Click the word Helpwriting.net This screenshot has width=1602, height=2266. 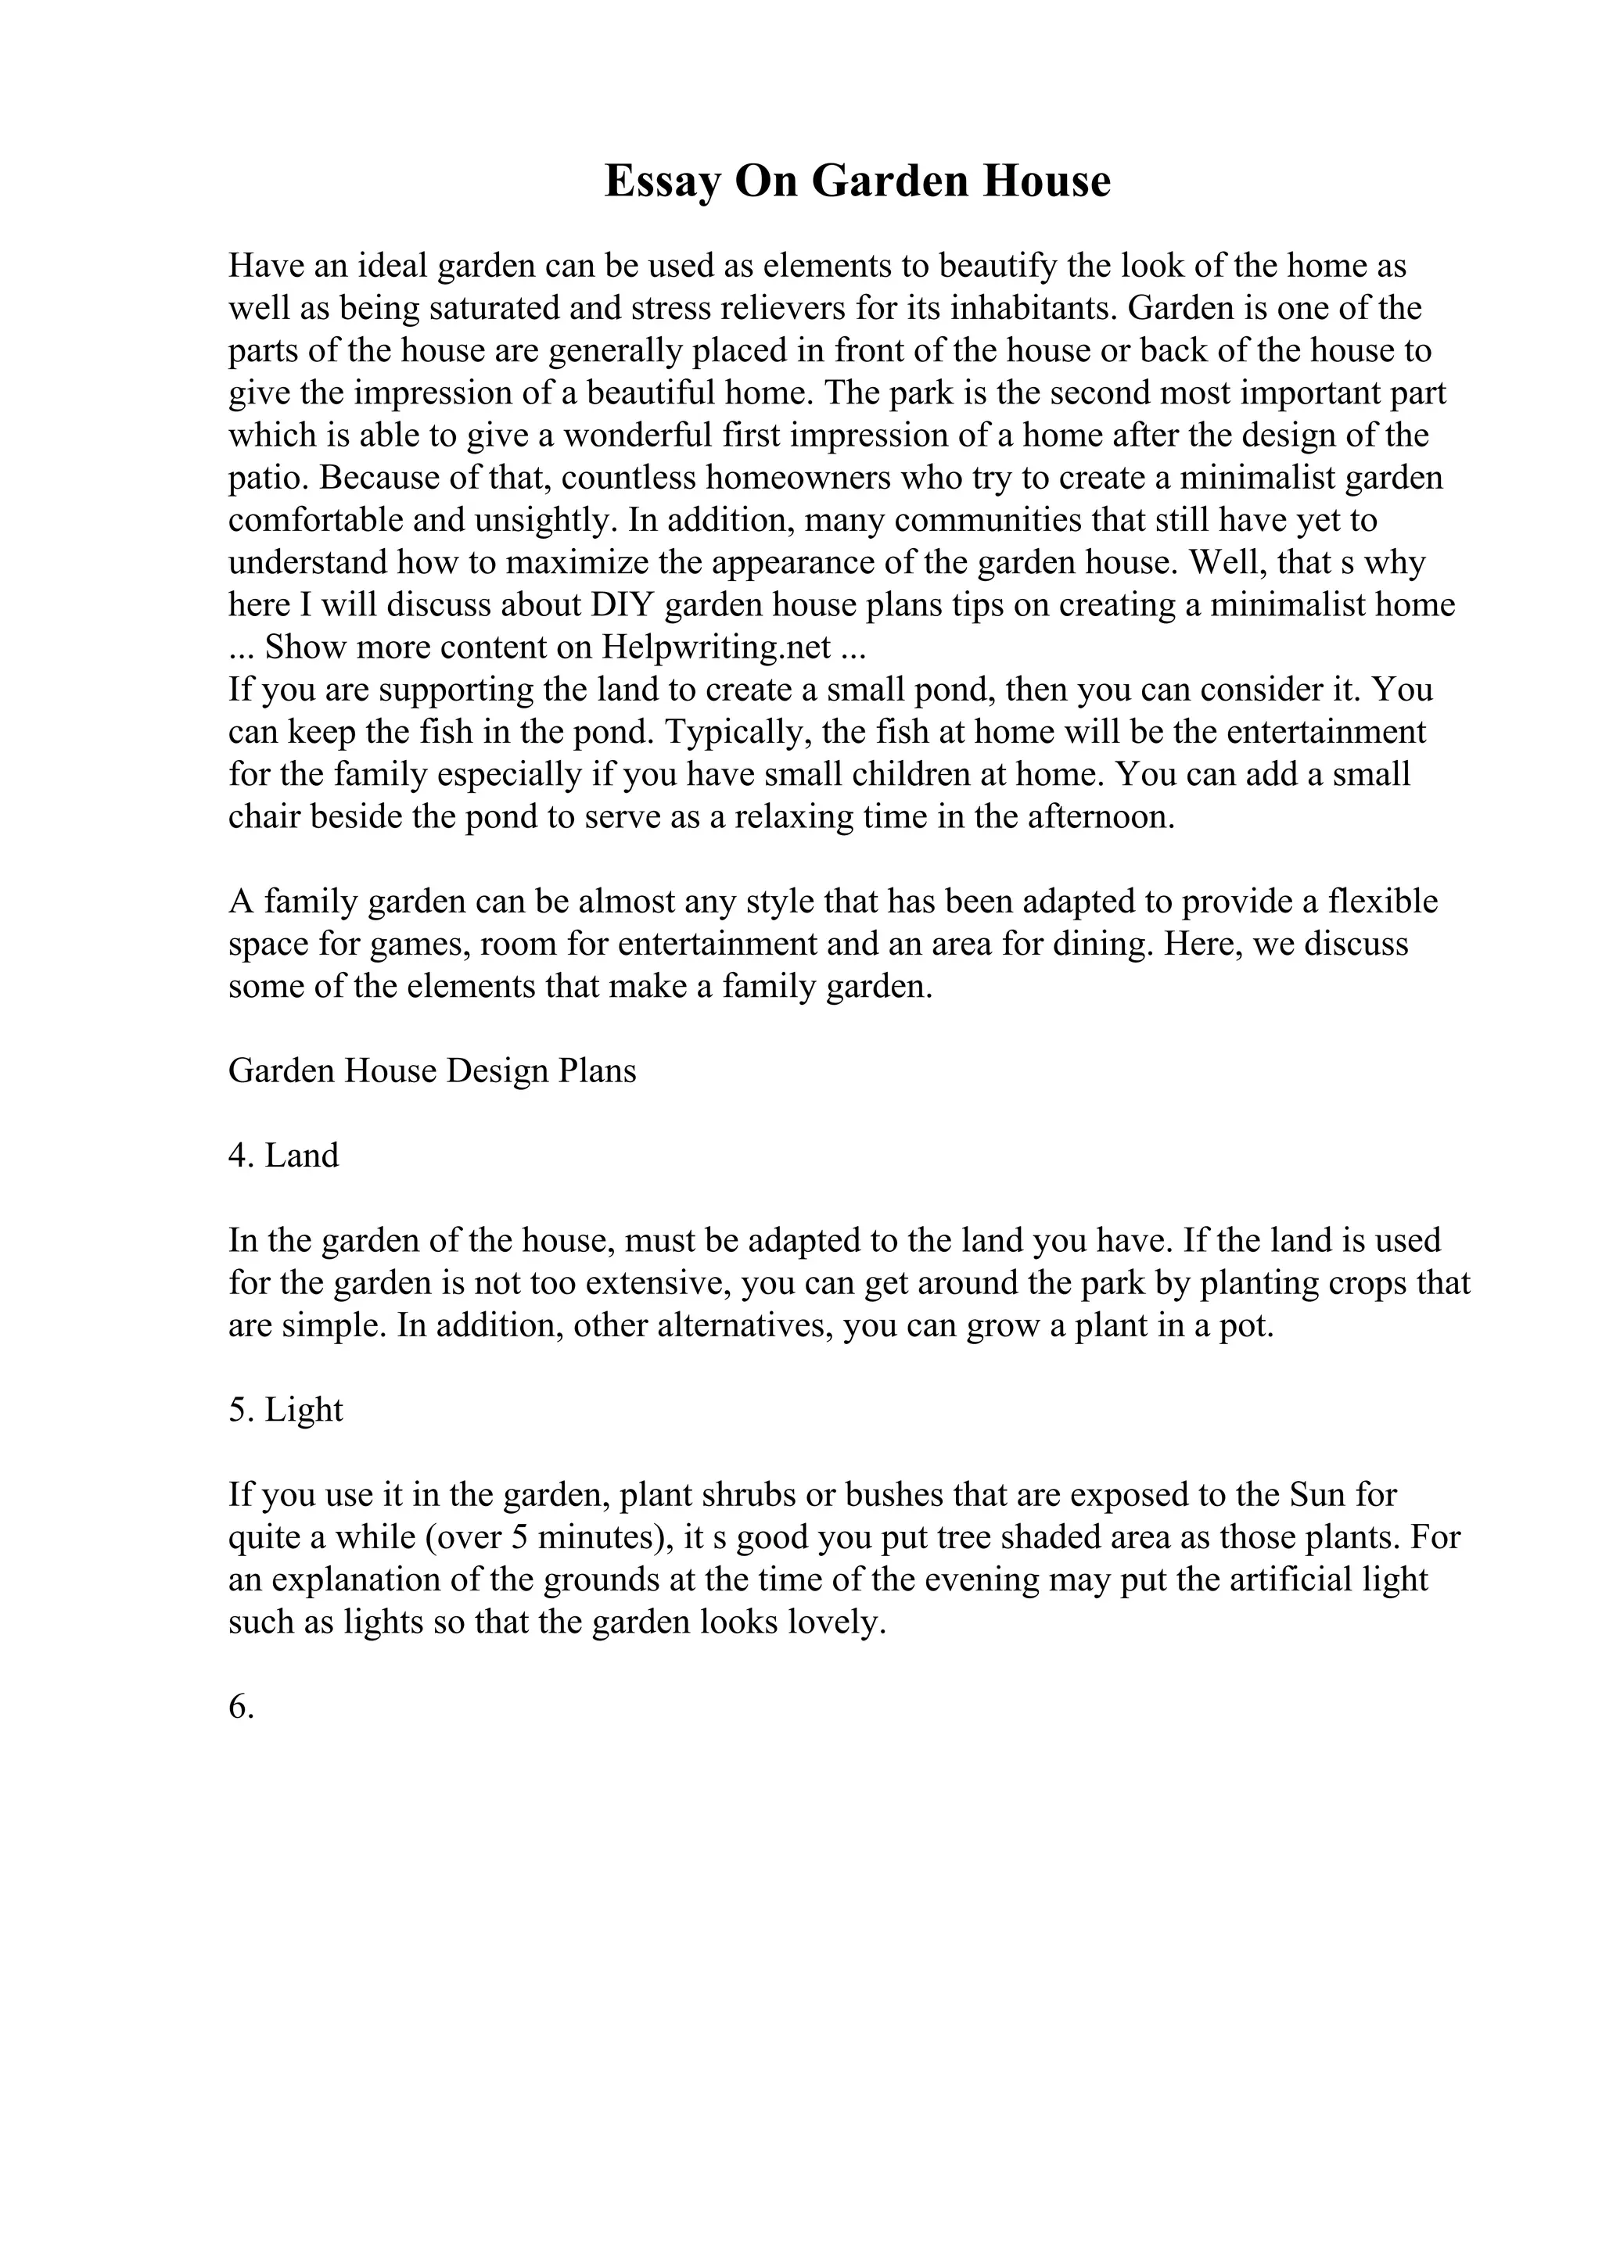click(717, 647)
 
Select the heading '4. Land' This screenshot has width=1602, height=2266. click(283, 1155)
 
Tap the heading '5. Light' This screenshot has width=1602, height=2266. click(286, 1409)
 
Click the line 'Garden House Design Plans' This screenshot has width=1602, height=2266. click(433, 1070)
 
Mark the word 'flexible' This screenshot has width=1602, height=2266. click(1383, 901)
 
